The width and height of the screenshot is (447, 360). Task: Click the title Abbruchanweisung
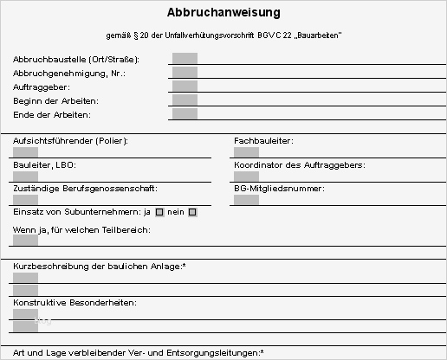pos(223,13)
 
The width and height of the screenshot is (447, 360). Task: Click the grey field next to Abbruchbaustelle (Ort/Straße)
pos(185,59)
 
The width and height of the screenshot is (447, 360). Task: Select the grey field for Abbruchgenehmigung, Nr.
pos(185,73)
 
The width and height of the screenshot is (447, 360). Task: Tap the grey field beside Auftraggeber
pos(185,87)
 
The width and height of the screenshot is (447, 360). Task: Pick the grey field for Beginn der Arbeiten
pos(185,100)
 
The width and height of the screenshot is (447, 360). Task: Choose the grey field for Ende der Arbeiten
pos(185,113)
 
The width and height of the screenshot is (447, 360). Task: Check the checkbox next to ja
pos(159,212)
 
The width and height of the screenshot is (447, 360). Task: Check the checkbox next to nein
pos(192,212)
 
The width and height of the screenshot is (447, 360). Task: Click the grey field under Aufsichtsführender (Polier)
pos(26,152)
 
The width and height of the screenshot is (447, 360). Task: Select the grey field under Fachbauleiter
pos(246,152)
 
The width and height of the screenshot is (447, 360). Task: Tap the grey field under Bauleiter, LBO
pos(26,177)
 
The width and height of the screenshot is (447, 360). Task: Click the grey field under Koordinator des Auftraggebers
pos(246,177)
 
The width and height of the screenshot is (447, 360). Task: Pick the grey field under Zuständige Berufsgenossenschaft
pos(26,200)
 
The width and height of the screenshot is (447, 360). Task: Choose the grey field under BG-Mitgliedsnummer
pos(246,200)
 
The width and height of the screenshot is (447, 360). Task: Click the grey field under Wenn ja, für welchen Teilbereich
pos(26,241)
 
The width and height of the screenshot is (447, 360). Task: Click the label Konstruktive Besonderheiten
pos(74,303)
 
